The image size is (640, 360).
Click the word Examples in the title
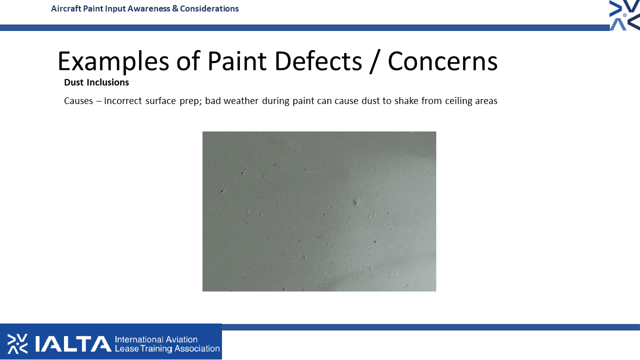pos(113,61)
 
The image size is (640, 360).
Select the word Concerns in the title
pos(442,61)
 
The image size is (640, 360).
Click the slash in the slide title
pos(375,61)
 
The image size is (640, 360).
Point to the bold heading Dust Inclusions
pos(96,82)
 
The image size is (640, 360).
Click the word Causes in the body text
pos(78,101)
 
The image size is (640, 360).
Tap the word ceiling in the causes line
pos(458,101)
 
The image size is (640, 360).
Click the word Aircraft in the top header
pos(66,8)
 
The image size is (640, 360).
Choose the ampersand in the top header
pos(175,8)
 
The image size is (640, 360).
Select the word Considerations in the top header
pos(209,8)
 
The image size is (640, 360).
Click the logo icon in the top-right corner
pos(624,15)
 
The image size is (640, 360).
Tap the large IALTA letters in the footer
pos(73,343)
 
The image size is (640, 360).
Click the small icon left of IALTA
pos(17,343)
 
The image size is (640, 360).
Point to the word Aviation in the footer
pos(181,339)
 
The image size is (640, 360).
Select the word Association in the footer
pos(197,348)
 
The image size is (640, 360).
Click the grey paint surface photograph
pos(319,211)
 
